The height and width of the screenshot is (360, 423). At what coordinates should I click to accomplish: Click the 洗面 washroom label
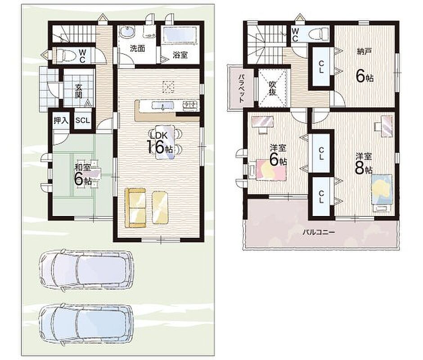[138, 49]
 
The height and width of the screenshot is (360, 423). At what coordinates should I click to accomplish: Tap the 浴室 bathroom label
[180, 55]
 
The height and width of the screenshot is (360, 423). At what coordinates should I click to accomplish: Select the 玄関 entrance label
[78, 91]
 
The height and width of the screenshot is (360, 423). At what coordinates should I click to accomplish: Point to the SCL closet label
[82, 120]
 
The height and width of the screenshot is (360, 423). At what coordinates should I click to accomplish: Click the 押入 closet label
[61, 120]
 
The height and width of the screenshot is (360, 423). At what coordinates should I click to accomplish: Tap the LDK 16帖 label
[160, 143]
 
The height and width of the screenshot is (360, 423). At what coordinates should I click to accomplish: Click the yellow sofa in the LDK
[135, 208]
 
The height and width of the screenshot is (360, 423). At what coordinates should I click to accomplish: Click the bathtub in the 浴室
[180, 34]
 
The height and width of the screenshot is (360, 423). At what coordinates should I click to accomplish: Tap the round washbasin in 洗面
[127, 32]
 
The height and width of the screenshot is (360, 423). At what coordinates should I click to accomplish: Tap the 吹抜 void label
[272, 88]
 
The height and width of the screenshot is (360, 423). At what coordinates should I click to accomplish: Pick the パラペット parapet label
[241, 88]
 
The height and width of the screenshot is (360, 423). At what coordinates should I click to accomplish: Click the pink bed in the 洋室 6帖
[271, 170]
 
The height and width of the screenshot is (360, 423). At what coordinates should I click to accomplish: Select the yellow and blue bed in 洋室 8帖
[382, 189]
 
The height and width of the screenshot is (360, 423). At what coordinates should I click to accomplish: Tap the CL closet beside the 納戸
[321, 67]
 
